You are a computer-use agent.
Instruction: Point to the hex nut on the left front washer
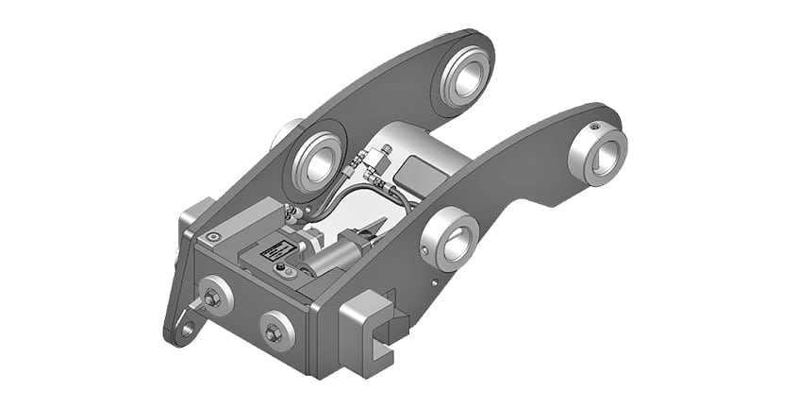coord(212,298)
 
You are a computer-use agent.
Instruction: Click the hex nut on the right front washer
coord(273,332)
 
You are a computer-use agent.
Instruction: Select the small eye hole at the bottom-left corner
coord(188,331)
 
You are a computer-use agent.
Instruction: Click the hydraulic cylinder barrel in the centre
coord(326,258)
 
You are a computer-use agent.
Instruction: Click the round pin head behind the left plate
coord(287,133)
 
